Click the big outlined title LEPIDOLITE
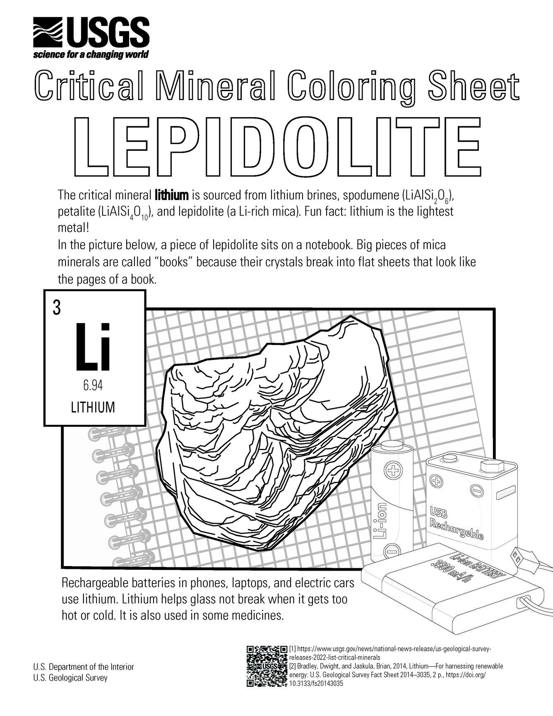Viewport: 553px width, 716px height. [276, 147]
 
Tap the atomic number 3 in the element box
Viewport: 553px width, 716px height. [56, 308]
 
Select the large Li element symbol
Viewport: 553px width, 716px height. [93, 347]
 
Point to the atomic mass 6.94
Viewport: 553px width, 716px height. [93, 386]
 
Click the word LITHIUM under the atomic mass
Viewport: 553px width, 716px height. [93, 407]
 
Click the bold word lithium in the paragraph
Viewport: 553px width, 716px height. [172, 194]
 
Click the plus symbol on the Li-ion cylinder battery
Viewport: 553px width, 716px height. [391, 470]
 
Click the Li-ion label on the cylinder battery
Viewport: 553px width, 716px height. [380, 521]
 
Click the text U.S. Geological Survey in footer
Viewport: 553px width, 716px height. [70, 678]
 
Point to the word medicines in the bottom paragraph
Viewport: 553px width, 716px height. [257, 615]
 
